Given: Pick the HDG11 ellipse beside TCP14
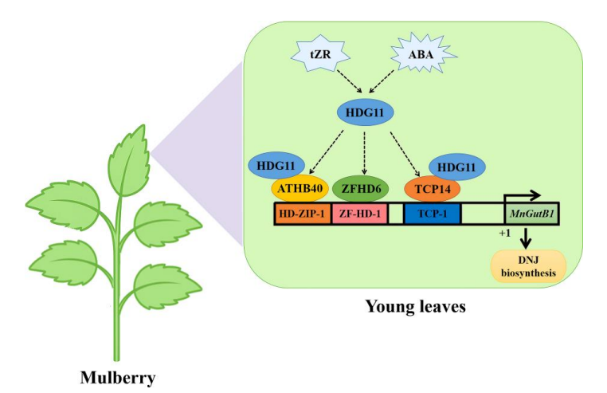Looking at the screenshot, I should [x=460, y=167].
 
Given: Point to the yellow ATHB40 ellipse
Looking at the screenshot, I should [x=300, y=189].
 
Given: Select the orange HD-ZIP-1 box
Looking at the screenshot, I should [x=303, y=214].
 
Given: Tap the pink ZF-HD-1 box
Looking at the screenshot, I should [x=359, y=214].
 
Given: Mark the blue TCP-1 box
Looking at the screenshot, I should [x=433, y=214].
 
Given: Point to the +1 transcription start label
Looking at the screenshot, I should [x=504, y=233].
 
